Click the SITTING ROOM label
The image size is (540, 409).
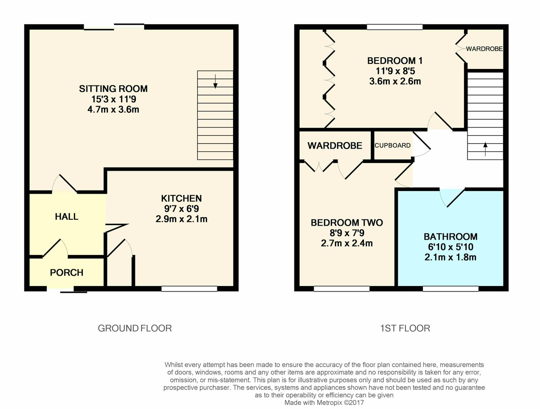[113, 89]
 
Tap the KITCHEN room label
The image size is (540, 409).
[181, 199]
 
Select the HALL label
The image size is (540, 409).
[67, 217]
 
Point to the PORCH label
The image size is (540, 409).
[67, 273]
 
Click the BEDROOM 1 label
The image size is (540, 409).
[395, 61]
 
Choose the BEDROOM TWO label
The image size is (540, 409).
[346, 223]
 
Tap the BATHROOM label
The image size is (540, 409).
[450, 237]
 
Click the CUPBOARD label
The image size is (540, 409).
[392, 145]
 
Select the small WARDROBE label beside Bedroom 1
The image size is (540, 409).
[484, 49]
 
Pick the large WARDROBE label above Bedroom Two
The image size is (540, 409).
[335, 145]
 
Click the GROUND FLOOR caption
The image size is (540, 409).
[135, 328]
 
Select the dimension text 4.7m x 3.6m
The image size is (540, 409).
[113, 109]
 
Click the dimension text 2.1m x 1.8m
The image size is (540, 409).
[450, 258]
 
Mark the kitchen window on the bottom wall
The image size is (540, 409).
[189, 289]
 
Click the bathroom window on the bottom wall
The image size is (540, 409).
[450, 289]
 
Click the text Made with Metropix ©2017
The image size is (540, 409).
[324, 403]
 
